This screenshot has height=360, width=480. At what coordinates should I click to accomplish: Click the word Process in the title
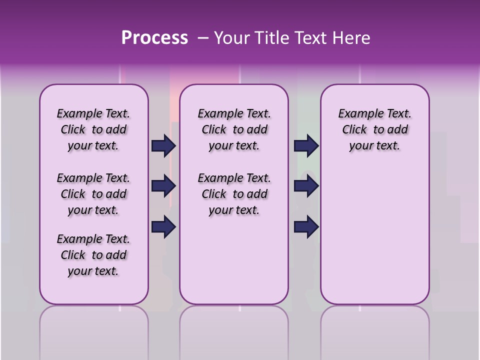pos(154,38)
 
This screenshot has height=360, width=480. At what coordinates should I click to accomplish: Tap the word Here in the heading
pos(352,38)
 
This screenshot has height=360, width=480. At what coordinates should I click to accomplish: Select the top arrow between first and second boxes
pos(163,146)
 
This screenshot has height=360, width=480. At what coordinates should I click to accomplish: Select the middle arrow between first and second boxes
pos(163,186)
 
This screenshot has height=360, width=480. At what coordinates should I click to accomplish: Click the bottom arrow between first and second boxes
pos(163,227)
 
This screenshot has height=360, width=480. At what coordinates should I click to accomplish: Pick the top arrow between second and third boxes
pos(306,146)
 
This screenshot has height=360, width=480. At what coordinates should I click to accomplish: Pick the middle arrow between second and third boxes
pos(306,186)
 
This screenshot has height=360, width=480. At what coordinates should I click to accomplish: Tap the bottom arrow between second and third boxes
pos(306,227)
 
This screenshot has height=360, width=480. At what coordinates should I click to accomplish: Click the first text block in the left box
pos(93,129)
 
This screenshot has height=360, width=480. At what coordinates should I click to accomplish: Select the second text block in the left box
pos(93,194)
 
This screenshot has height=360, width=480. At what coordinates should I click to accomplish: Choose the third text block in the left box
pos(93,255)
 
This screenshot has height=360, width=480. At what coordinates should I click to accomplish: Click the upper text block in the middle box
pos(234,129)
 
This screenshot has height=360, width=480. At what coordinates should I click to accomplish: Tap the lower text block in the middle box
pos(234,194)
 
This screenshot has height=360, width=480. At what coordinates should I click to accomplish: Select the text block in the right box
pos(374,129)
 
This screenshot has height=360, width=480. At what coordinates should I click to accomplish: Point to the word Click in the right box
pos(354,130)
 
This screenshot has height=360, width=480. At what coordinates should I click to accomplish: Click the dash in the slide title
pos(203,38)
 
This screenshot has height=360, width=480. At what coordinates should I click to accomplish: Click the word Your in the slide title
pos(231,38)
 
